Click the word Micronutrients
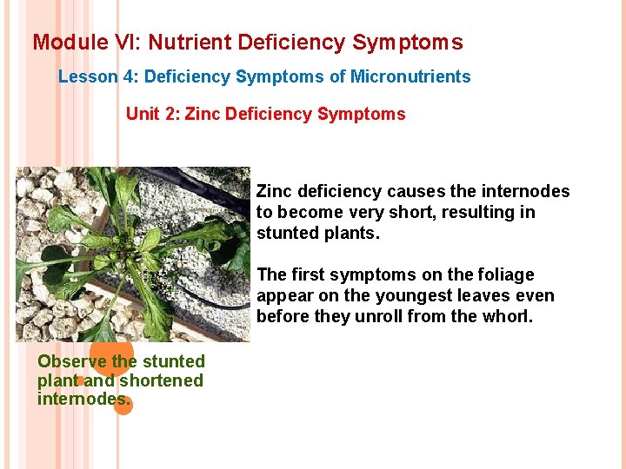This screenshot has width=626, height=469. (x=410, y=76)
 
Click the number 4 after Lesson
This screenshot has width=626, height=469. (x=130, y=76)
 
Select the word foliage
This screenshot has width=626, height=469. (x=502, y=275)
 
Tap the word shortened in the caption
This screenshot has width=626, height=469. (x=161, y=380)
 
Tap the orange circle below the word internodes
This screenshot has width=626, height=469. (x=123, y=405)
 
